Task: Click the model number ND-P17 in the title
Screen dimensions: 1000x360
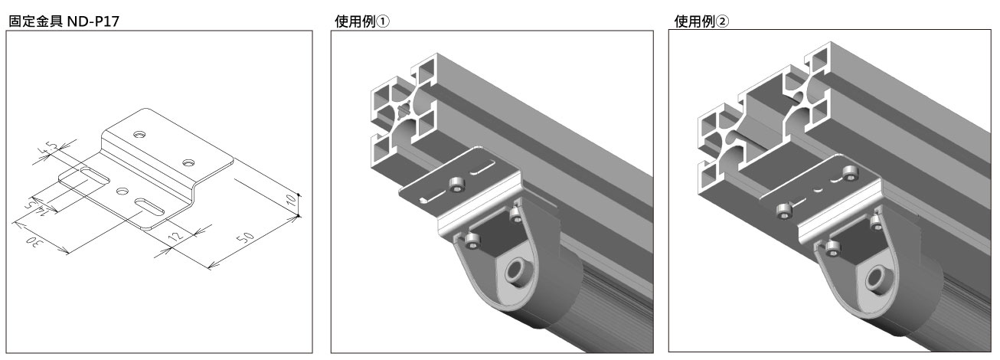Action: pyautogui.click(x=93, y=21)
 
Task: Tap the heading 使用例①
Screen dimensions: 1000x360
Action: pyautogui.click(x=361, y=21)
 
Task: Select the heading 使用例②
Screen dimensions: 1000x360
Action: pyautogui.click(x=701, y=21)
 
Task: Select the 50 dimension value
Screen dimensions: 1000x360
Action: pyautogui.click(x=245, y=237)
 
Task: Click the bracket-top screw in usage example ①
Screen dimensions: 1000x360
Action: pyautogui.click(x=456, y=184)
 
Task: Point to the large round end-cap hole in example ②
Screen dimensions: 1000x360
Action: pyautogui.click(x=878, y=279)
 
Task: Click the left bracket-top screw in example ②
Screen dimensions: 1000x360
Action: pyautogui.click(x=784, y=211)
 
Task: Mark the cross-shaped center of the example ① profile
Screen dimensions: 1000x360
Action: pyautogui.click(x=404, y=109)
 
